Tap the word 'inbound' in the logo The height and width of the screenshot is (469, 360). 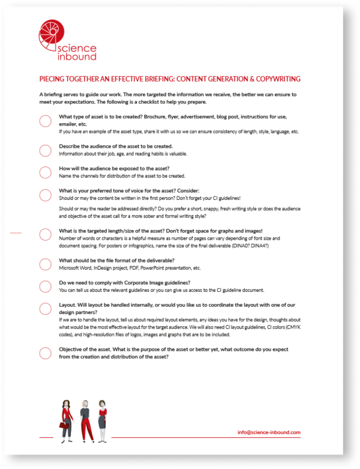pos(75,57)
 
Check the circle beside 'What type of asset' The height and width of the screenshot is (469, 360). pos(46,121)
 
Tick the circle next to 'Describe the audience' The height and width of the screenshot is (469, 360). pos(46,150)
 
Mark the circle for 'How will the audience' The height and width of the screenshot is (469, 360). pos(46,172)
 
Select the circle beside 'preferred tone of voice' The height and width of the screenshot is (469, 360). pos(46,195)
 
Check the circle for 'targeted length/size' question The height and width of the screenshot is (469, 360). pos(46,234)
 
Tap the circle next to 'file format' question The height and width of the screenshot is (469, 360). pos(46,264)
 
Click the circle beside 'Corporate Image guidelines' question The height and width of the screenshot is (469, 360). pos(46,286)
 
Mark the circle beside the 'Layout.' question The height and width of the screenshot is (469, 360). pos(46,309)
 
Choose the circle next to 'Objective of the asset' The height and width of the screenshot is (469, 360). pos(46,353)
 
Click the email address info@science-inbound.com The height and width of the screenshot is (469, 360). pos(269,432)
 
